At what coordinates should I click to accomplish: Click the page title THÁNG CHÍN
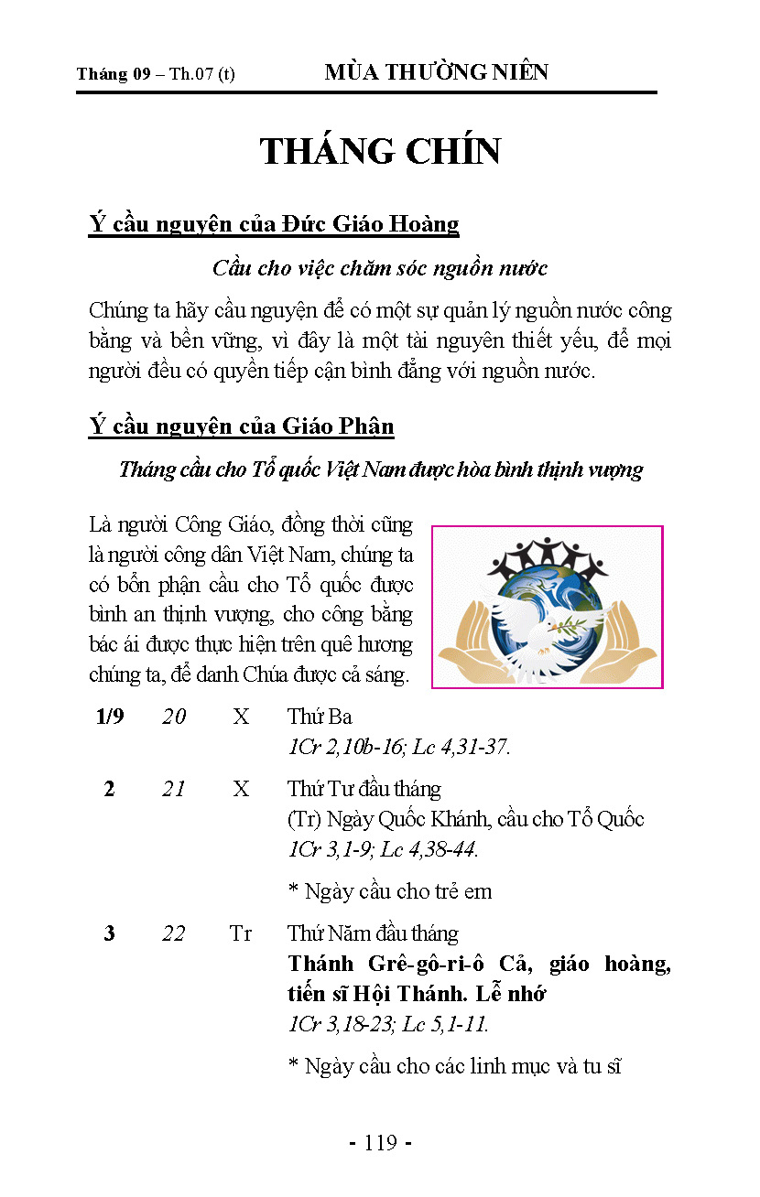380,152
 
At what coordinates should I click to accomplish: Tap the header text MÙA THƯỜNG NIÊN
436,73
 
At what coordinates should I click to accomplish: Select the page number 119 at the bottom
380,1142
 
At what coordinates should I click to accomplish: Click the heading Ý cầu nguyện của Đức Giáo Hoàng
274,223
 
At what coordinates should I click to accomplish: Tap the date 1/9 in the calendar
110,717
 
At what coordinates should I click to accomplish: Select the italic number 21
174,789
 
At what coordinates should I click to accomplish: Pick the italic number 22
174,933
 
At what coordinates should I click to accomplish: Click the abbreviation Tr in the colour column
241,933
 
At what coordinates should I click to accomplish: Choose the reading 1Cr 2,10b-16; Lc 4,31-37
398,747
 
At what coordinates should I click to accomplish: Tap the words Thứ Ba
320,717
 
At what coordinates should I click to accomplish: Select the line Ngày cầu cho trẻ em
390,891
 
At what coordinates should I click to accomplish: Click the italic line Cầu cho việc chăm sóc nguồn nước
380,268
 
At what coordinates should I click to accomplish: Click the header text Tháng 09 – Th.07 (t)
156,74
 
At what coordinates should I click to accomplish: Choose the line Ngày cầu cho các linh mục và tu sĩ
455,1066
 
